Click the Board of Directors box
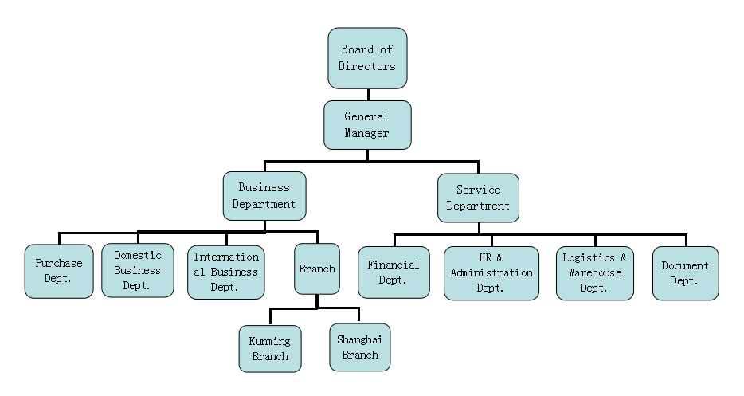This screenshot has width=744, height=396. (367, 58)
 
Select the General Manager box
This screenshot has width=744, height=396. (367, 124)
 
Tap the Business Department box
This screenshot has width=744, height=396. (264, 196)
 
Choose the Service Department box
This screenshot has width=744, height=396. (478, 198)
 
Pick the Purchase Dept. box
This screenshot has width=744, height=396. (58, 272)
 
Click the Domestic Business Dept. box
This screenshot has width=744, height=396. (137, 270)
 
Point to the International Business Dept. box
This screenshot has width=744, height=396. (225, 272)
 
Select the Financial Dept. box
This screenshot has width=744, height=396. (394, 272)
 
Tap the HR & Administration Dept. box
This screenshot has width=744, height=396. (491, 273)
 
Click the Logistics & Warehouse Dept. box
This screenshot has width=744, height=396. (594, 273)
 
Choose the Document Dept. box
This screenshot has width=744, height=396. (685, 273)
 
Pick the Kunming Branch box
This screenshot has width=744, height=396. (270, 349)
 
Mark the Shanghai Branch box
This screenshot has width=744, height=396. (360, 347)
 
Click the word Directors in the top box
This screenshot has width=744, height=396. (367, 66)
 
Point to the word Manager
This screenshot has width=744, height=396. (367, 133)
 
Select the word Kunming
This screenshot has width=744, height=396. (270, 342)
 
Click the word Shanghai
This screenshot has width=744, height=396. (360, 340)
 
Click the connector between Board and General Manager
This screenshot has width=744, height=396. (367, 94)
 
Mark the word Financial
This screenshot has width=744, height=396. (394, 265)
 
